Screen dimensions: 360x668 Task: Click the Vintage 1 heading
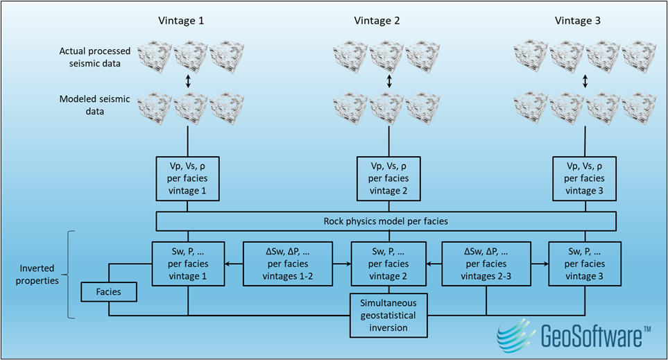point(182,21)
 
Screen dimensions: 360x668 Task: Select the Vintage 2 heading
point(377,21)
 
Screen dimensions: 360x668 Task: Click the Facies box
point(108,292)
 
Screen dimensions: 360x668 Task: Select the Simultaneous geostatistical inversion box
point(389,315)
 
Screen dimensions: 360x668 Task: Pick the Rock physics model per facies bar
point(386,221)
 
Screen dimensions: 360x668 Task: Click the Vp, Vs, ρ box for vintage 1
point(189,178)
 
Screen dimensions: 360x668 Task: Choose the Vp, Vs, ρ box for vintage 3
point(585,178)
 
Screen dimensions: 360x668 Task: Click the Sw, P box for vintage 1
point(189,264)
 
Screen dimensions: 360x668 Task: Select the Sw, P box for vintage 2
point(389,264)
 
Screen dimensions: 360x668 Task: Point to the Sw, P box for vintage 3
point(585,264)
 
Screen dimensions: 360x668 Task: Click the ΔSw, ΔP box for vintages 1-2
point(288,264)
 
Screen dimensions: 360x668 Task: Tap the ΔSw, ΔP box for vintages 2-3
point(487,264)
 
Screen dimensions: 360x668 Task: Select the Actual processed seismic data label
point(94,58)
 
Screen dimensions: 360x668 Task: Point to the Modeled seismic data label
point(94,105)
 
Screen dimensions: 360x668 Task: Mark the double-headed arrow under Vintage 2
point(389,81)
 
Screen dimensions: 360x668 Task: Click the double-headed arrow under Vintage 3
point(585,81)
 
